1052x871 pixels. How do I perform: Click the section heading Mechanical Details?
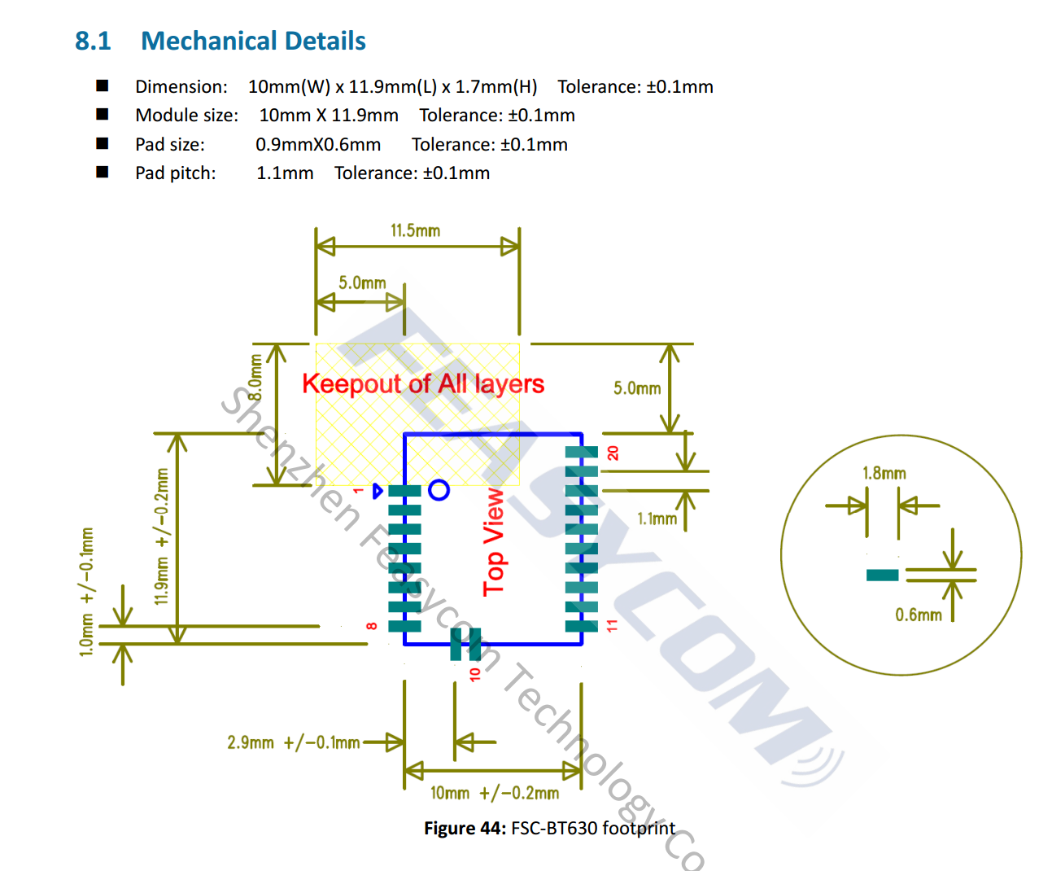point(253,41)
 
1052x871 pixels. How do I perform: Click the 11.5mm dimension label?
point(416,231)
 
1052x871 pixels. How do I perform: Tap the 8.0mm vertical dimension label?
point(256,378)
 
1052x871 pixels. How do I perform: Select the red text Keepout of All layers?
point(423,384)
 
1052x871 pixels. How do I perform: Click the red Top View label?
point(494,542)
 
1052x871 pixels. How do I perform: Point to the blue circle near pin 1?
point(439,490)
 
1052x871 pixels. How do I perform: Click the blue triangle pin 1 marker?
point(378,491)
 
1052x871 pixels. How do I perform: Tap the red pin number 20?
point(613,453)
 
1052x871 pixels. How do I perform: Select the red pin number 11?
point(612,626)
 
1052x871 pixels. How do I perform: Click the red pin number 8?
point(372,626)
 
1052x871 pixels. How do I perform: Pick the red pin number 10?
point(474,675)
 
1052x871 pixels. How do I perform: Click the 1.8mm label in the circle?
point(884,473)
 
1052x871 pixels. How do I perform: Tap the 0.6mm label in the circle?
point(919,615)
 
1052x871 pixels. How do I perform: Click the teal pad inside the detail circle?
point(882,576)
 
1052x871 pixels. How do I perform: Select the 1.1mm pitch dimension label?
point(657,519)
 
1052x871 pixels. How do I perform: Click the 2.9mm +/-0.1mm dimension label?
point(293,742)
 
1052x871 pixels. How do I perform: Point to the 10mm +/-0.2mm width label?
point(494,793)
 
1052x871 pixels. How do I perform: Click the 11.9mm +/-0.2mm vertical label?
point(161,536)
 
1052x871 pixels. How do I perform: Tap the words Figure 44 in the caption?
point(465,828)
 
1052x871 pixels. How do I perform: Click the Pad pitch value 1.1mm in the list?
point(285,173)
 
